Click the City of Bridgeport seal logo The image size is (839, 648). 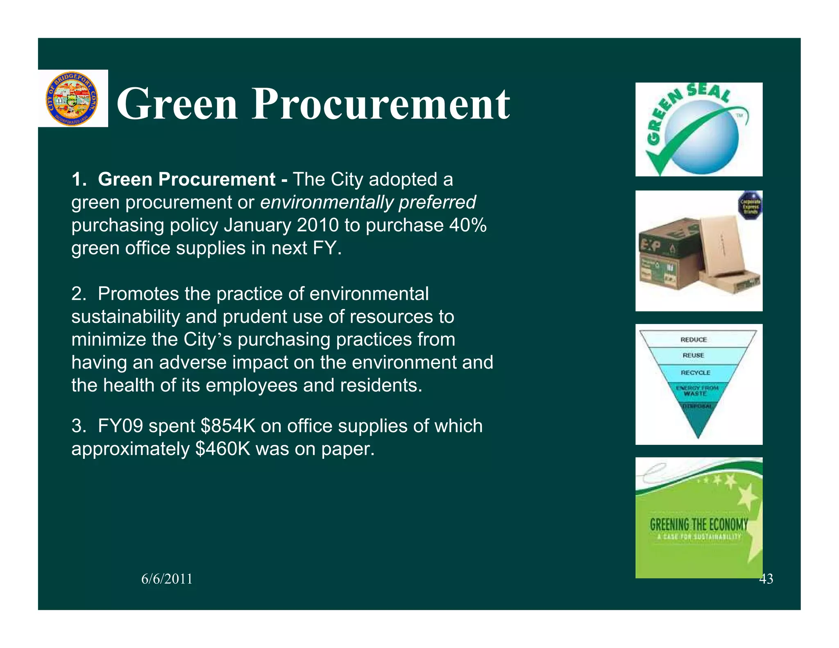click(73, 99)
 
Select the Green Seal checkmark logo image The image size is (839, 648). click(698, 129)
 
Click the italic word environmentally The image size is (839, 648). click(327, 202)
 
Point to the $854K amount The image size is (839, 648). click(228, 426)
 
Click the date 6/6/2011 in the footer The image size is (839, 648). click(167, 579)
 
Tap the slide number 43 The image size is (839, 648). click(766, 579)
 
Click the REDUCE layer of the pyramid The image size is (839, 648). click(694, 340)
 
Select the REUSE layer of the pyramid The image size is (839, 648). click(693, 356)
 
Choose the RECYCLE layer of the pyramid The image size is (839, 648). click(695, 373)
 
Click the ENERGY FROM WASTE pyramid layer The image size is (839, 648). click(696, 391)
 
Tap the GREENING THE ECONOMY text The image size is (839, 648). click(698, 525)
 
